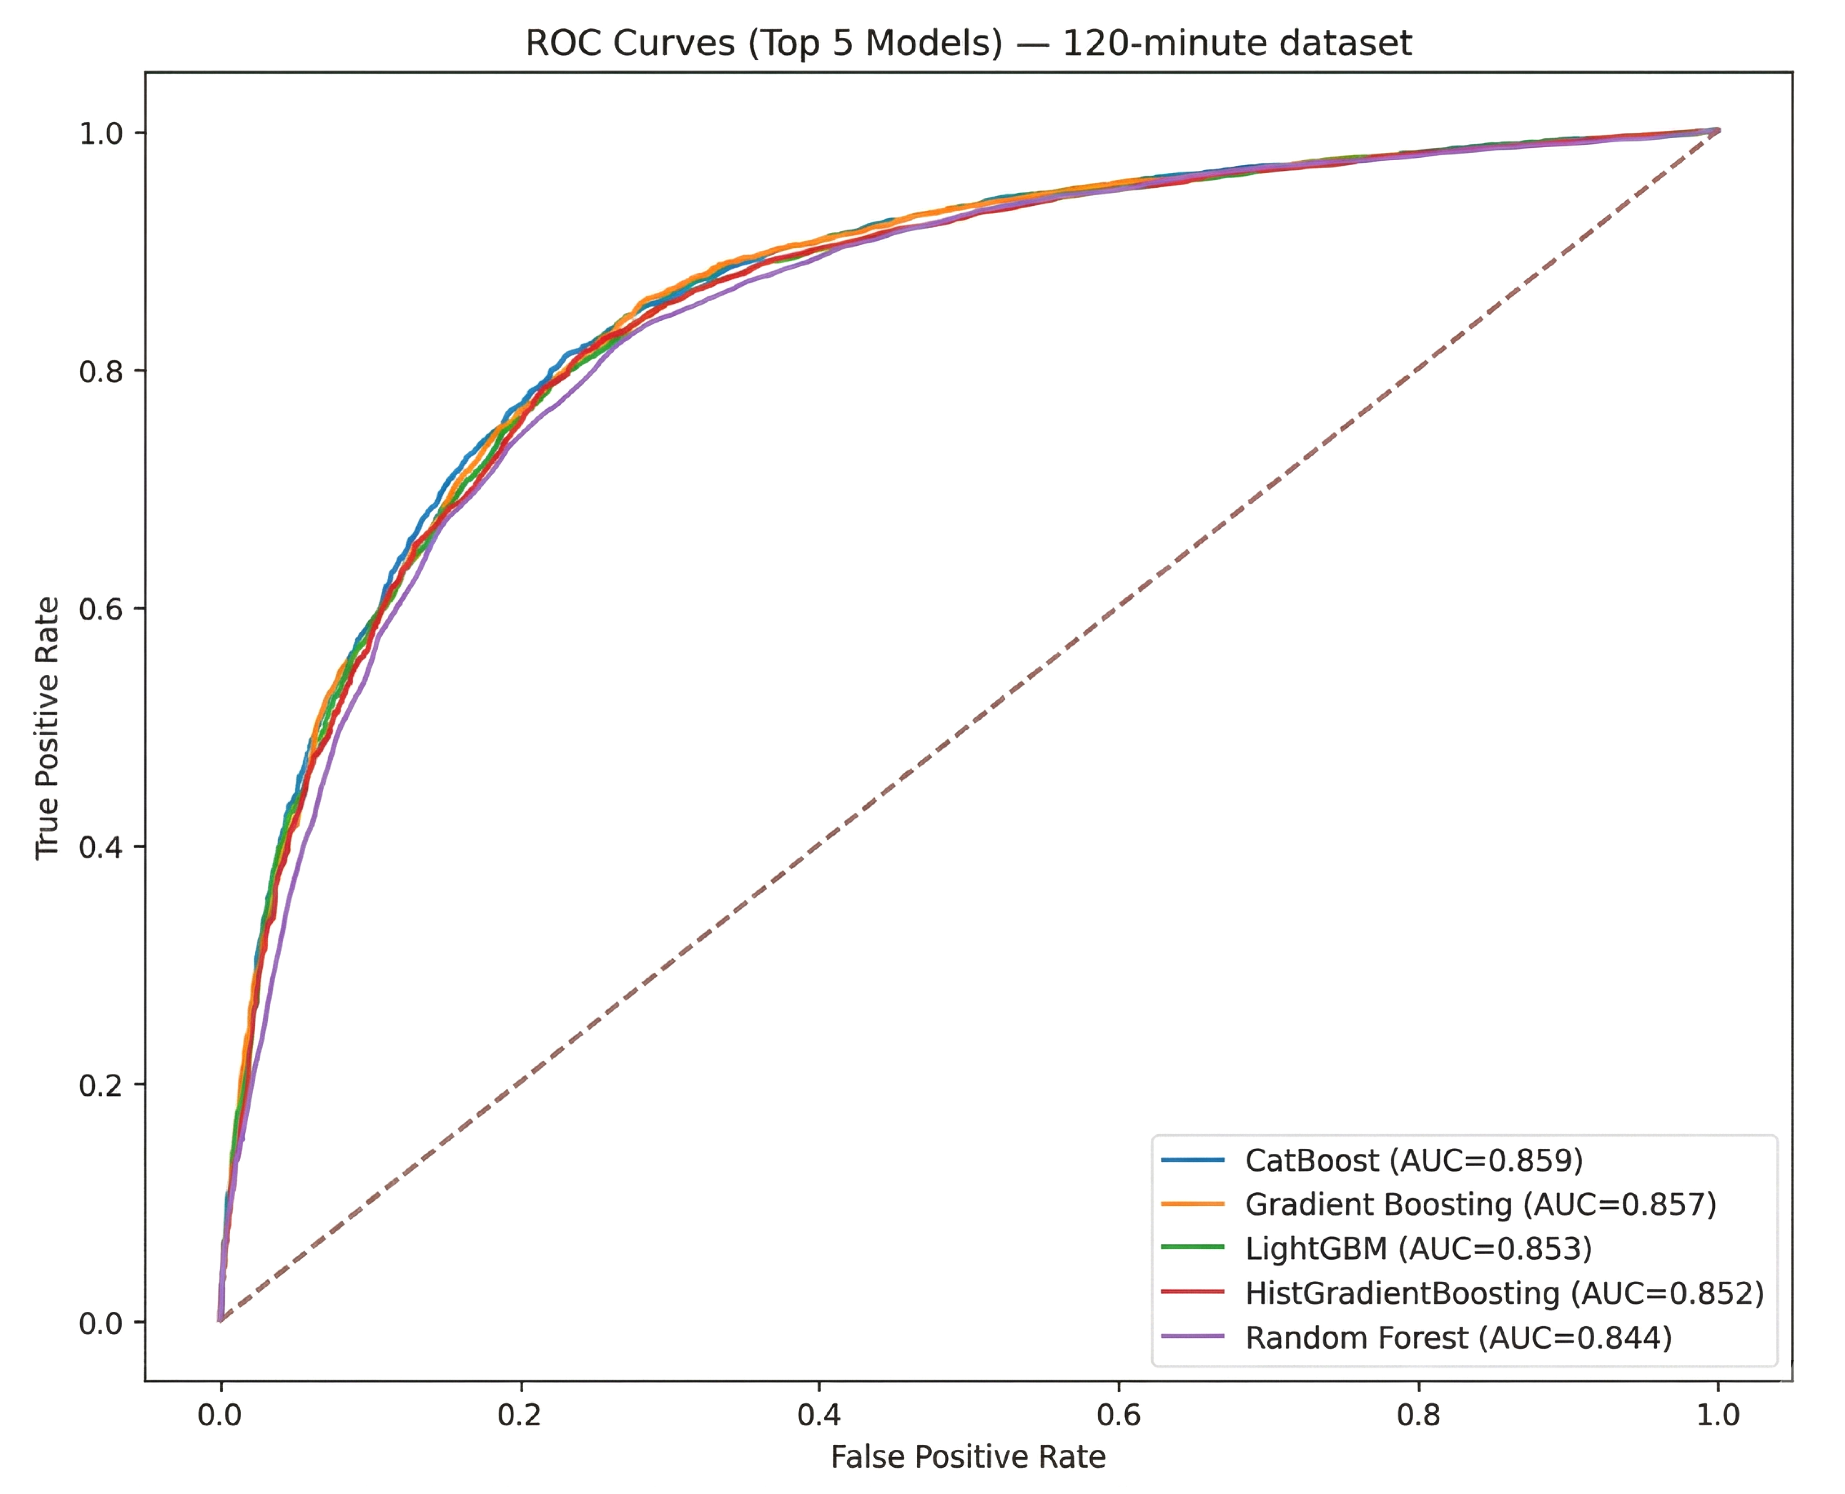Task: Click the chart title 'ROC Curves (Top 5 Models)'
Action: (968, 43)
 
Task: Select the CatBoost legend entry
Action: (1413, 1161)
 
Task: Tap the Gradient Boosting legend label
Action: (1480, 1205)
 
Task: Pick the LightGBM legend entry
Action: (1418, 1249)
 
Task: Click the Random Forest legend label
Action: (1458, 1337)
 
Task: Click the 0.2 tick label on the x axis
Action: (520, 1415)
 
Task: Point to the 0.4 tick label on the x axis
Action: (819, 1415)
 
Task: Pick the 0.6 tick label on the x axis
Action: (1119, 1415)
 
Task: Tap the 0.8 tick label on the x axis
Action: (1418, 1415)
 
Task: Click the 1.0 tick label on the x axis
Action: (1718, 1415)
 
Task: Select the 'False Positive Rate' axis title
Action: (968, 1457)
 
